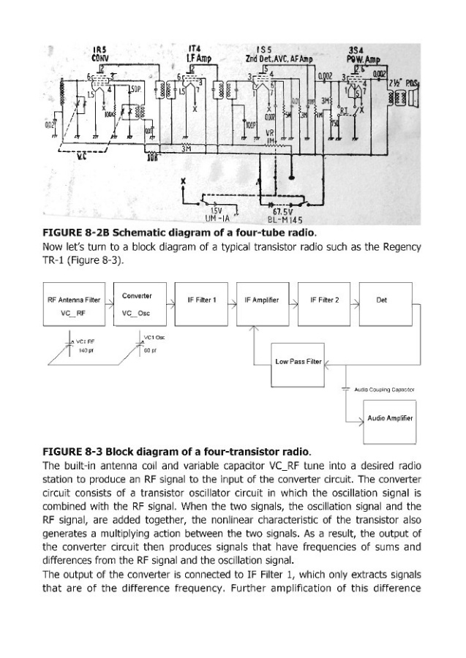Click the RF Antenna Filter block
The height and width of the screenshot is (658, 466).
coord(72,306)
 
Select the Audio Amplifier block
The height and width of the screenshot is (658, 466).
coord(390,418)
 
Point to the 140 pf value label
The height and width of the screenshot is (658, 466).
coord(87,349)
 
